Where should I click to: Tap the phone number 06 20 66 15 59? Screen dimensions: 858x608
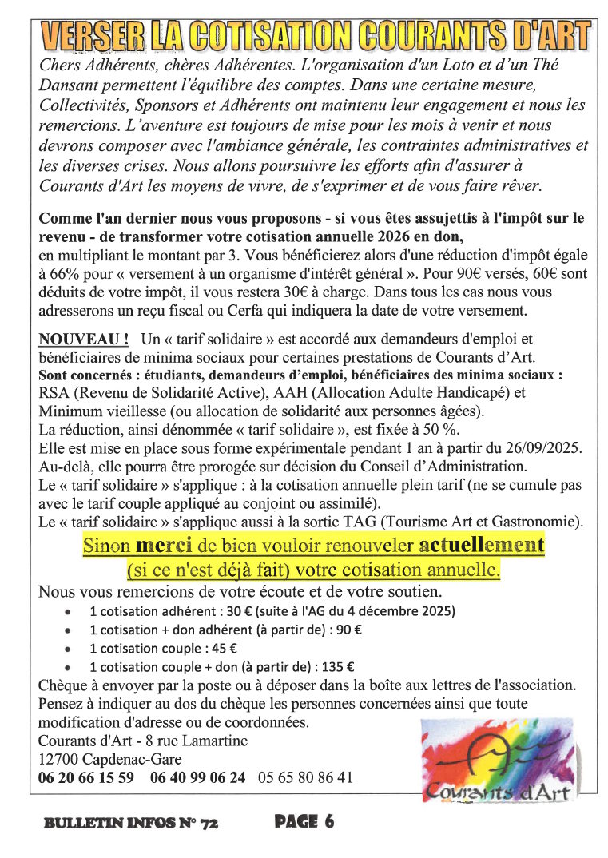85,777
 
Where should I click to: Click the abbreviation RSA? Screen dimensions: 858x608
54,392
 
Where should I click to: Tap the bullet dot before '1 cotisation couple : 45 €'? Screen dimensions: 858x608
70,649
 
